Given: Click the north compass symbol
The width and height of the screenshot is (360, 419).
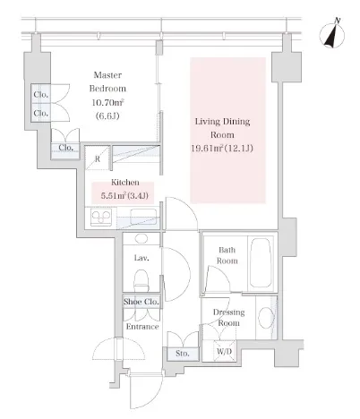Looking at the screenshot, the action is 332,34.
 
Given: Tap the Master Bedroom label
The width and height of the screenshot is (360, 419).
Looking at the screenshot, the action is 107,81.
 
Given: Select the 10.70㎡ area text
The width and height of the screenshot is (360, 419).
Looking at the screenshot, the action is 107,103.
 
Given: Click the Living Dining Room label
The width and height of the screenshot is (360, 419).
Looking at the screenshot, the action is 222,128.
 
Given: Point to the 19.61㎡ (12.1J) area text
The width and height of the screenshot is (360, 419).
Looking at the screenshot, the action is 222,148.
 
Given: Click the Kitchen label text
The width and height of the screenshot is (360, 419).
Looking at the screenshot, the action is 125,183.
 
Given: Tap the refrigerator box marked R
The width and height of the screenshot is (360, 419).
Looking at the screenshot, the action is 98,158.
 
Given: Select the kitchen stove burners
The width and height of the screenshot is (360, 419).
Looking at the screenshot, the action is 101,217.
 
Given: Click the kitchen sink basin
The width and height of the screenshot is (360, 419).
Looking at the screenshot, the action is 143,217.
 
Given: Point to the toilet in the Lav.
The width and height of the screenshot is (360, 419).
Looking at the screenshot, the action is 141,280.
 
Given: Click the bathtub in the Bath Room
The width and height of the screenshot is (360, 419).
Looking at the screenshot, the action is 261,262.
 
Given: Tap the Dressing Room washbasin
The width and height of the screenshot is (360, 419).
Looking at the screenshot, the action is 266,317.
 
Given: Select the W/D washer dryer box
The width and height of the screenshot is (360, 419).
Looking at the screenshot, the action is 224,351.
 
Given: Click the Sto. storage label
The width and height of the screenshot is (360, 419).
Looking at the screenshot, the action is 183,354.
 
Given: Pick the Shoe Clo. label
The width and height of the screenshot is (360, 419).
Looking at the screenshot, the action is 141,302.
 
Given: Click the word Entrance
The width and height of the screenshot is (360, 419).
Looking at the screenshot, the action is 142,327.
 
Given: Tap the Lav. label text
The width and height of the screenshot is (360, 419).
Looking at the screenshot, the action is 141,258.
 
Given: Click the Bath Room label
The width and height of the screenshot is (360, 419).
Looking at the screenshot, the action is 227,255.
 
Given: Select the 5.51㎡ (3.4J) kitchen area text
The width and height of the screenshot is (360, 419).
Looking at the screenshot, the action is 124,196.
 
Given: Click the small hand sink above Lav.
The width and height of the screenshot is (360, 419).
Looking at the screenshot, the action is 141,238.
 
